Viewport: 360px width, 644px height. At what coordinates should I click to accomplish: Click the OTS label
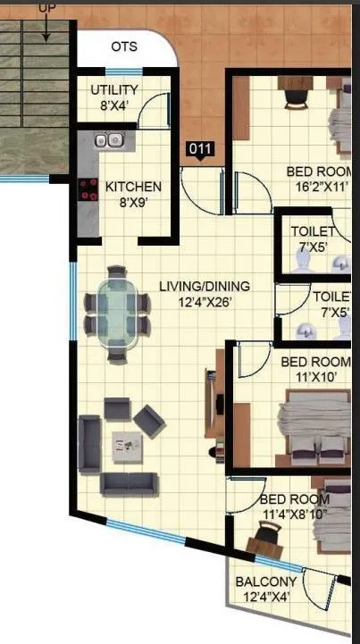124,46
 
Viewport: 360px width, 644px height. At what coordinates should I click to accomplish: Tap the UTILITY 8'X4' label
114,97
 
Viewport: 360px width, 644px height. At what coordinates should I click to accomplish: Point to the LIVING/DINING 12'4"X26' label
204,294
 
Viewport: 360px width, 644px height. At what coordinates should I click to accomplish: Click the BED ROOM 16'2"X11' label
318,180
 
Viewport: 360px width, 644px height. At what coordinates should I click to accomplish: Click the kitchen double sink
109,140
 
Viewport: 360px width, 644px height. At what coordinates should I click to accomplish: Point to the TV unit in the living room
213,403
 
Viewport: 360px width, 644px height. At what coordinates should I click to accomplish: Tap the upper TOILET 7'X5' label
313,238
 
